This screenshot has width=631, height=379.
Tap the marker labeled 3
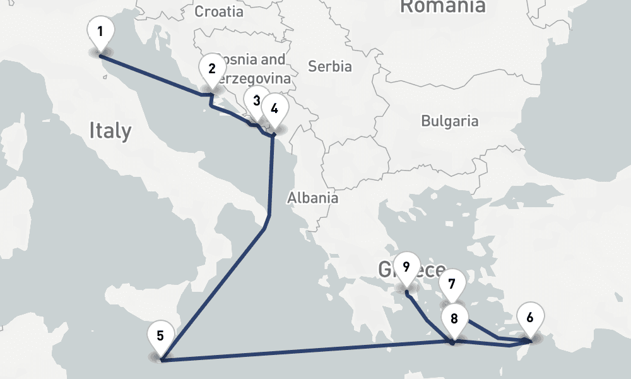tap(256, 101)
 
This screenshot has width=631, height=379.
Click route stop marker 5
tap(160, 336)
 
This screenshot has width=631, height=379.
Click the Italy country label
tap(110, 131)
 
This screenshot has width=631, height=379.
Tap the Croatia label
tap(218, 11)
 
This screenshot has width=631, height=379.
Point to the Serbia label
tap(329, 66)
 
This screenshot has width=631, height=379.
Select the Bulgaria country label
tap(450, 121)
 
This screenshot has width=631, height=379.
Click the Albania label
tap(312, 198)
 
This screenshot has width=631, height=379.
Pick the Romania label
tap(443, 6)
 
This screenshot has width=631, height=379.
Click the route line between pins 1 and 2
tap(151, 76)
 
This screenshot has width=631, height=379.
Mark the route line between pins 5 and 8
tap(309, 351)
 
